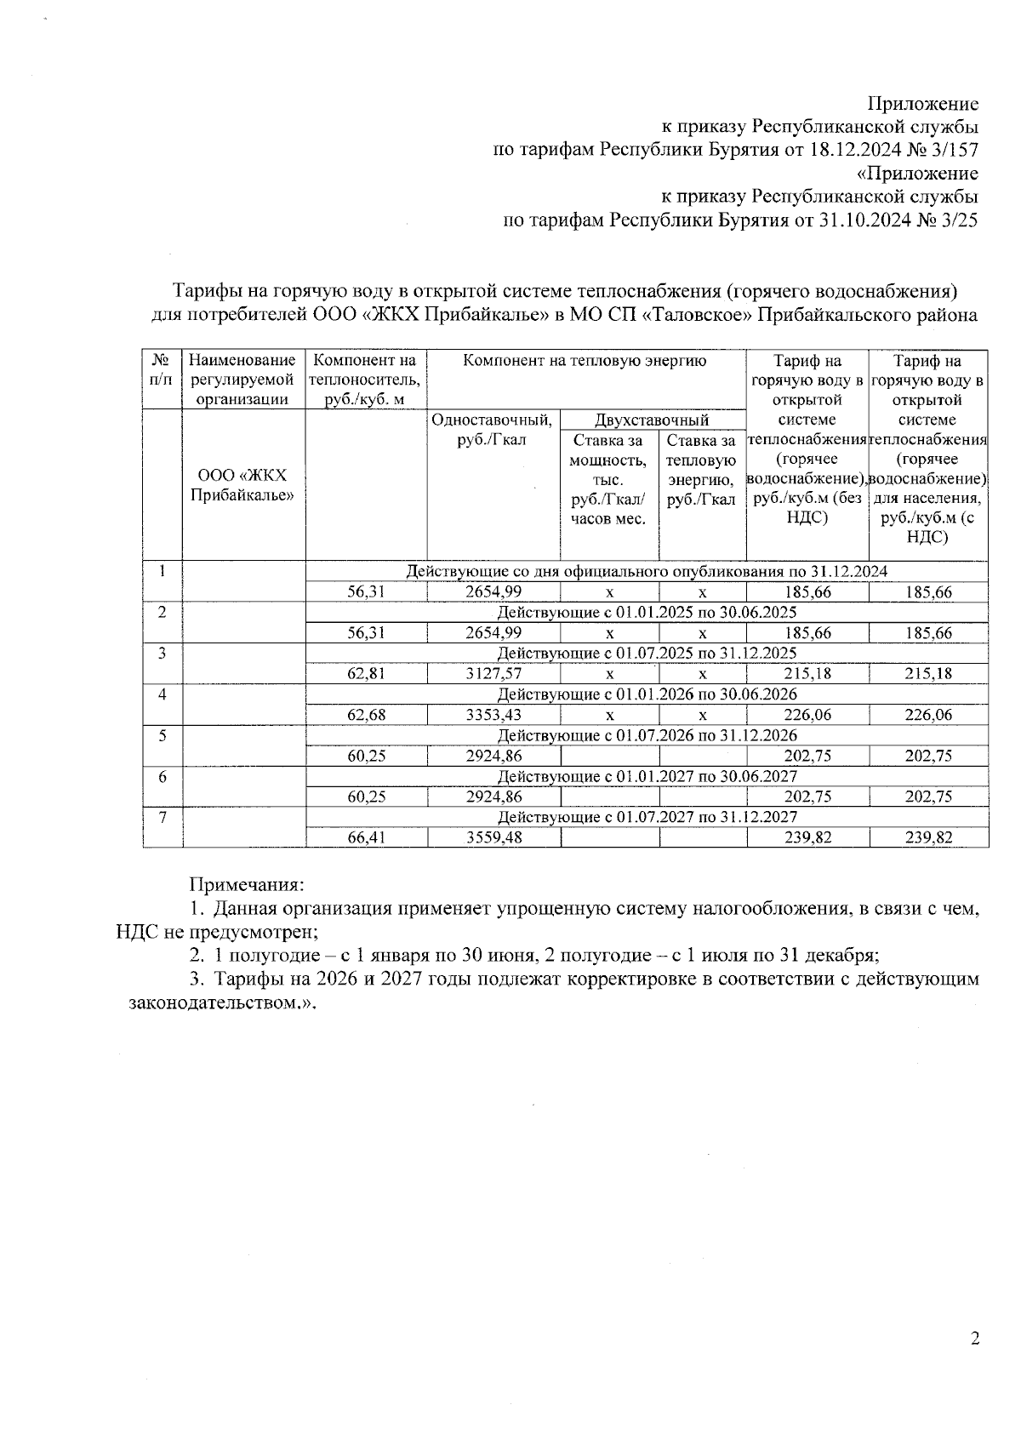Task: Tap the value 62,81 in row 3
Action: point(367,674)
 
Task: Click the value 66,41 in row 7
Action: point(367,837)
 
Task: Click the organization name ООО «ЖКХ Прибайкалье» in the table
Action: point(242,485)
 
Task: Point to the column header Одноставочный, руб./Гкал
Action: point(493,429)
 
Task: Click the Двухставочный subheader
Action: point(652,420)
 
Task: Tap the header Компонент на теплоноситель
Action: point(365,380)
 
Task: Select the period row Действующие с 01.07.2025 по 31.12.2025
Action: point(647,654)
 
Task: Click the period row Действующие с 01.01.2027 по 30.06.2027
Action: point(647,776)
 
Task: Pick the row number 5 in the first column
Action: point(162,734)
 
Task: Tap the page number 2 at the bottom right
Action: point(975,1339)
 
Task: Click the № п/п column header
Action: point(162,369)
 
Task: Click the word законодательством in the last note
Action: point(216,1002)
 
